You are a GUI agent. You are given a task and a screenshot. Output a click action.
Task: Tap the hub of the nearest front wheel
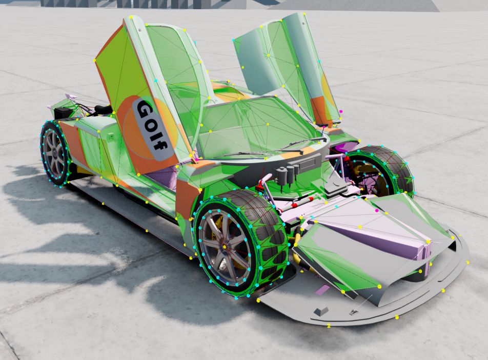[225, 247]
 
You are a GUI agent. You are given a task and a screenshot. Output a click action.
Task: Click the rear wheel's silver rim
[55, 154]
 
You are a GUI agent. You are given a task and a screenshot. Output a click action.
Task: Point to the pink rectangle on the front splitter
[322, 290]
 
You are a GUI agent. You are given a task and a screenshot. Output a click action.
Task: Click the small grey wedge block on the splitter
[321, 311]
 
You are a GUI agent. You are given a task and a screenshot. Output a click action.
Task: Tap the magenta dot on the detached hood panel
[377, 211]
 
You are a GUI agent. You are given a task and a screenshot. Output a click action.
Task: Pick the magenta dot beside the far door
[341, 111]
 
